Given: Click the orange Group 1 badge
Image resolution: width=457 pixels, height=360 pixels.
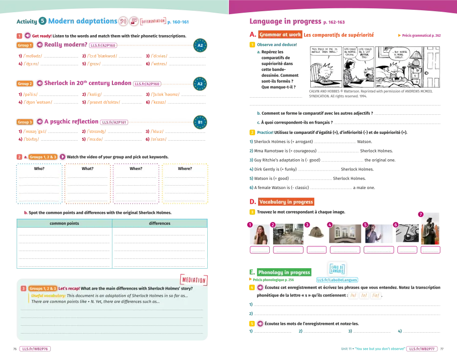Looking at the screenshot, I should pos(24,45).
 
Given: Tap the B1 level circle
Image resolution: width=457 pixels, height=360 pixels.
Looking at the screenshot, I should pos(200,122).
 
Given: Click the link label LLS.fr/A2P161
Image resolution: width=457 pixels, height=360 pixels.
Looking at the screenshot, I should pos(114,122).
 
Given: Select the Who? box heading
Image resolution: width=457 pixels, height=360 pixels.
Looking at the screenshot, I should pos(39,169).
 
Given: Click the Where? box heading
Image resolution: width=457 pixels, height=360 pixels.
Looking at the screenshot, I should pos(185,169).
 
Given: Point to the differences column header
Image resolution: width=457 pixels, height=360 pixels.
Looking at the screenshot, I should pos(159,223).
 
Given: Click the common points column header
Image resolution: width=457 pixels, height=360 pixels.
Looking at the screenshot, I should pos(64,223).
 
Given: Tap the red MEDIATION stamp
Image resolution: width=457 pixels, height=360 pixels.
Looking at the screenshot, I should pos(194,279).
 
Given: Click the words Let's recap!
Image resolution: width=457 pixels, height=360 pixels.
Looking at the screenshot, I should pos(69,288).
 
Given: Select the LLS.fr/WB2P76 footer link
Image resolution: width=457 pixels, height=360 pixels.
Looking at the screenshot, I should pos(35,349).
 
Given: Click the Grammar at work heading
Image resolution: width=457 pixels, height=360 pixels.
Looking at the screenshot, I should pos(280,35).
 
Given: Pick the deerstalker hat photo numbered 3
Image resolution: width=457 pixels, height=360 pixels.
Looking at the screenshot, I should pos(317,233).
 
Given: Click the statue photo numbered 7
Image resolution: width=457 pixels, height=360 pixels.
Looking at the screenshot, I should pos(431,231).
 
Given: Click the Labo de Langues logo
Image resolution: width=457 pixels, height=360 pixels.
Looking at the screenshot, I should pos(337,269).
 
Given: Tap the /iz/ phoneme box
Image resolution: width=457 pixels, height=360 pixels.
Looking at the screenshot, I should pos(376,296).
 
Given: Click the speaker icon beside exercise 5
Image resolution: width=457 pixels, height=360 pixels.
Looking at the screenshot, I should pos(260,324).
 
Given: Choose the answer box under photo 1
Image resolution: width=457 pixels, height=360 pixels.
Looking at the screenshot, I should pos(260,250).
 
